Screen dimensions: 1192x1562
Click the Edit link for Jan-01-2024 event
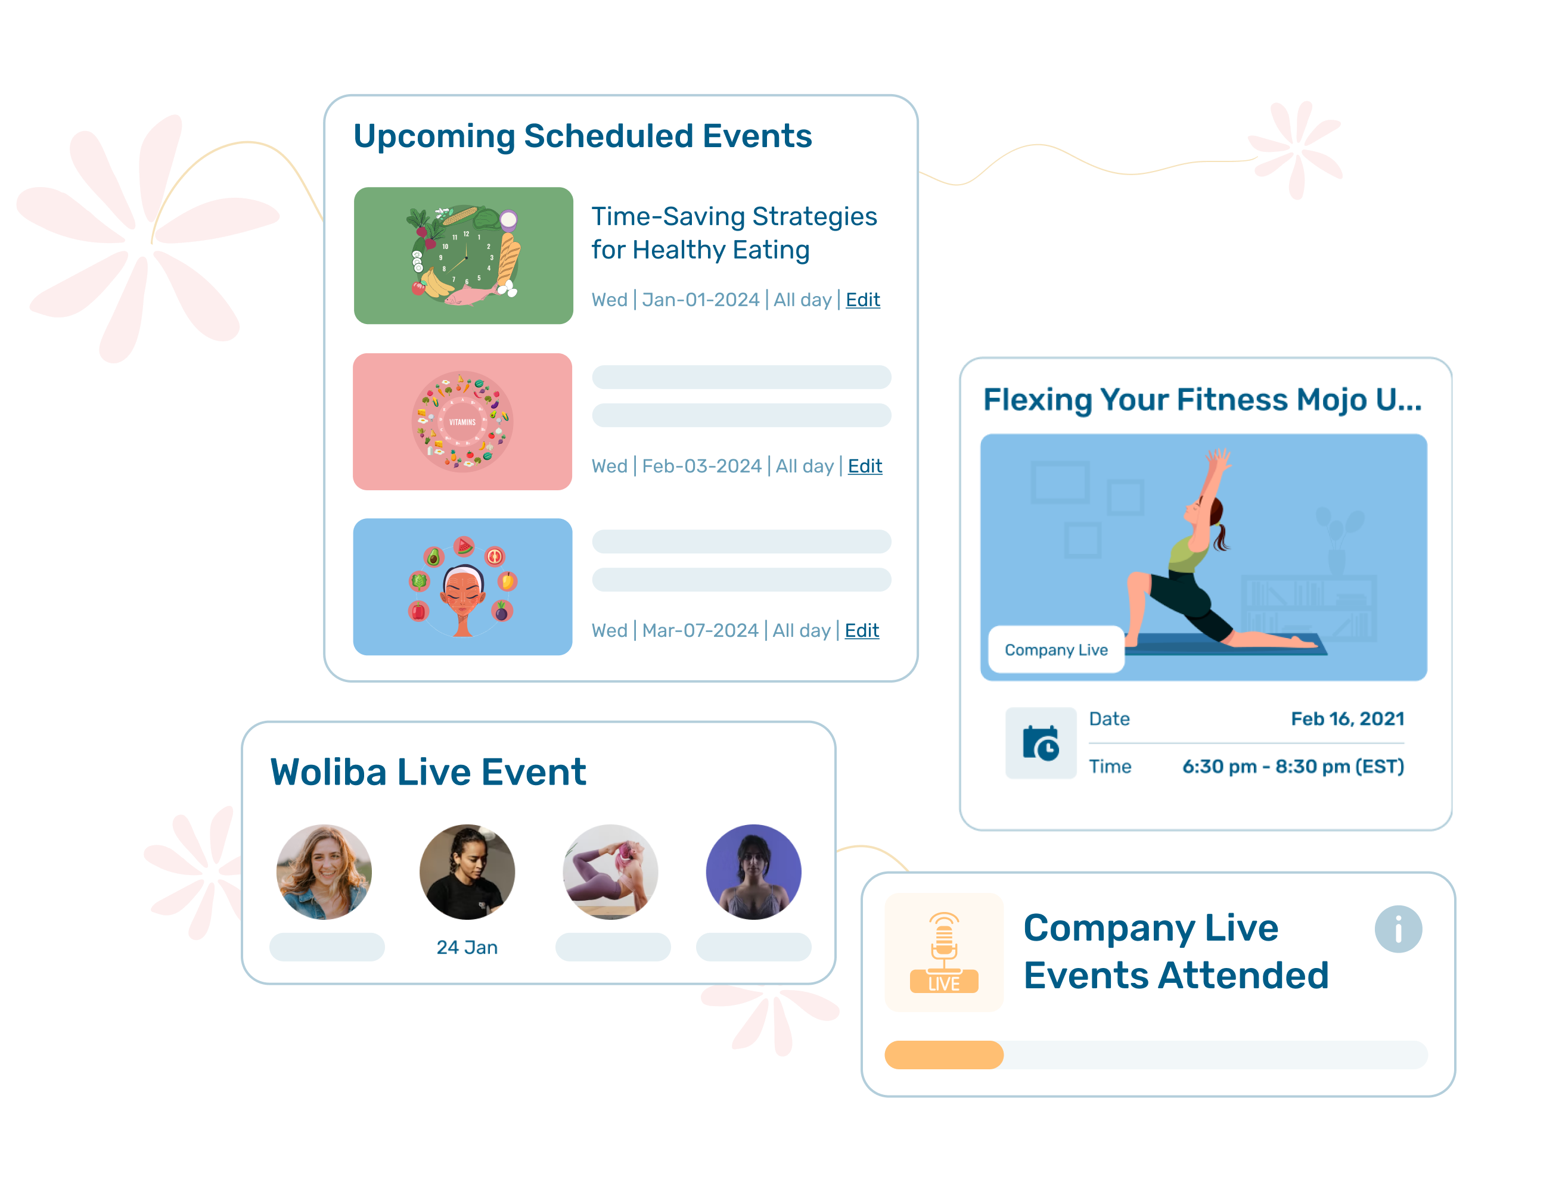(x=862, y=300)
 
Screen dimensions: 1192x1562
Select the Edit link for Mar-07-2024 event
(x=862, y=631)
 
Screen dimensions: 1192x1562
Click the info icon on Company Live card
(x=1398, y=929)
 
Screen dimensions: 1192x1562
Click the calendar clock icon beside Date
(x=1041, y=743)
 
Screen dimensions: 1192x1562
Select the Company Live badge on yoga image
(x=1056, y=650)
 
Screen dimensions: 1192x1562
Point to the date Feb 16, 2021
(x=1347, y=719)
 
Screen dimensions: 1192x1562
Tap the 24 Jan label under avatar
(x=467, y=947)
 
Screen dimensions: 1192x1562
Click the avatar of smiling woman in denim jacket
(x=324, y=872)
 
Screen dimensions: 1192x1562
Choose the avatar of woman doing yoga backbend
(x=610, y=872)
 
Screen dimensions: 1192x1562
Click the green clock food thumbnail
(x=464, y=256)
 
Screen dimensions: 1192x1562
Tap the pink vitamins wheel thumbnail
(x=462, y=421)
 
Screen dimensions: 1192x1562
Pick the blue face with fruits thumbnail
(x=462, y=587)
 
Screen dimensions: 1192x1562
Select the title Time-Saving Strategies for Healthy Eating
(x=734, y=233)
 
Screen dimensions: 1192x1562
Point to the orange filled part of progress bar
(x=943, y=1054)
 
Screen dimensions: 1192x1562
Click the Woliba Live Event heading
(x=428, y=772)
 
